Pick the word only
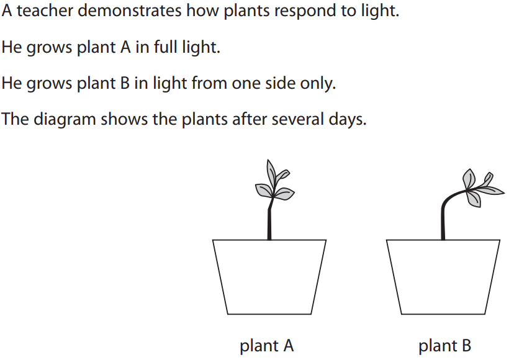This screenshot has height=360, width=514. (x=319, y=83)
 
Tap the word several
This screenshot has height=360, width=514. (x=294, y=119)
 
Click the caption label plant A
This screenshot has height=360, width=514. (x=266, y=346)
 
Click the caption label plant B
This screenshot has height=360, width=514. (x=445, y=346)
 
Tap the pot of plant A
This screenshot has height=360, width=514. (x=269, y=276)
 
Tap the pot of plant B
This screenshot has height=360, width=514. (x=443, y=276)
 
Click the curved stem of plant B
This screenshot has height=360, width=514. (x=444, y=211)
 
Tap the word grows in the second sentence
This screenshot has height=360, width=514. (x=49, y=47)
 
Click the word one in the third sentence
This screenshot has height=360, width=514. (x=245, y=83)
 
